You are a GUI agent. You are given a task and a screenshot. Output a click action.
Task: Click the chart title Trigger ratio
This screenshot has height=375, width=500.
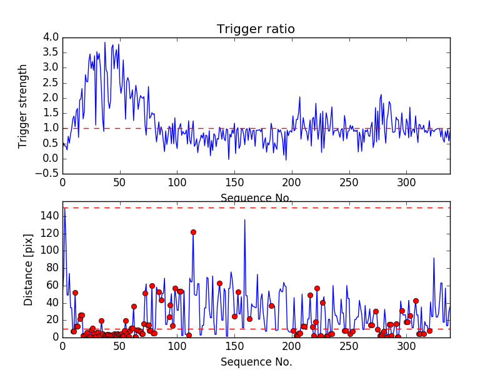coord(256,29)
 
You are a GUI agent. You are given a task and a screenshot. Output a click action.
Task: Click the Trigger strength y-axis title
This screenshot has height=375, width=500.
coord(23,106)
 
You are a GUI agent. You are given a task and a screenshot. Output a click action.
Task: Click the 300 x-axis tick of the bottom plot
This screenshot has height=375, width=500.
coord(407,346)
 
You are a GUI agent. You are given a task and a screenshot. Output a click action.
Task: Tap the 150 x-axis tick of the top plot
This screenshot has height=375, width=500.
coord(234,182)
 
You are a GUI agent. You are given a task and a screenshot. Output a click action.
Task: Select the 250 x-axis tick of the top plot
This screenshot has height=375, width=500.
coord(349,182)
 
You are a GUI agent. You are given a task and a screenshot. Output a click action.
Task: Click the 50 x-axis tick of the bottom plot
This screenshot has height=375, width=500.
coord(120,346)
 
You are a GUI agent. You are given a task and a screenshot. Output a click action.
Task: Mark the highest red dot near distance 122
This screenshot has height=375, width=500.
coord(193,232)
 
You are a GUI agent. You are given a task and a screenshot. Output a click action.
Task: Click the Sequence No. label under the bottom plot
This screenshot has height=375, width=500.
coord(256,362)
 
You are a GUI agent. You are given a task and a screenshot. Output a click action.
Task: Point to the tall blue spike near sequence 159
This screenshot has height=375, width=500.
coord(244,220)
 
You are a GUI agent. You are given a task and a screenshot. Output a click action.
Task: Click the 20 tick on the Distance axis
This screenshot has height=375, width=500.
coord(52,319)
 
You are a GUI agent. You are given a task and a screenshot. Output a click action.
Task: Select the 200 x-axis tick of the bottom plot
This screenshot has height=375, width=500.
coord(292,346)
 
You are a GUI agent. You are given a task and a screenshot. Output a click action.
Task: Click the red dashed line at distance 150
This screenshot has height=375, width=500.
coord(312,207)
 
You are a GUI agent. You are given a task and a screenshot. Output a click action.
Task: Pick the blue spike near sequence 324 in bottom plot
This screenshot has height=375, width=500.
coord(434,258)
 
